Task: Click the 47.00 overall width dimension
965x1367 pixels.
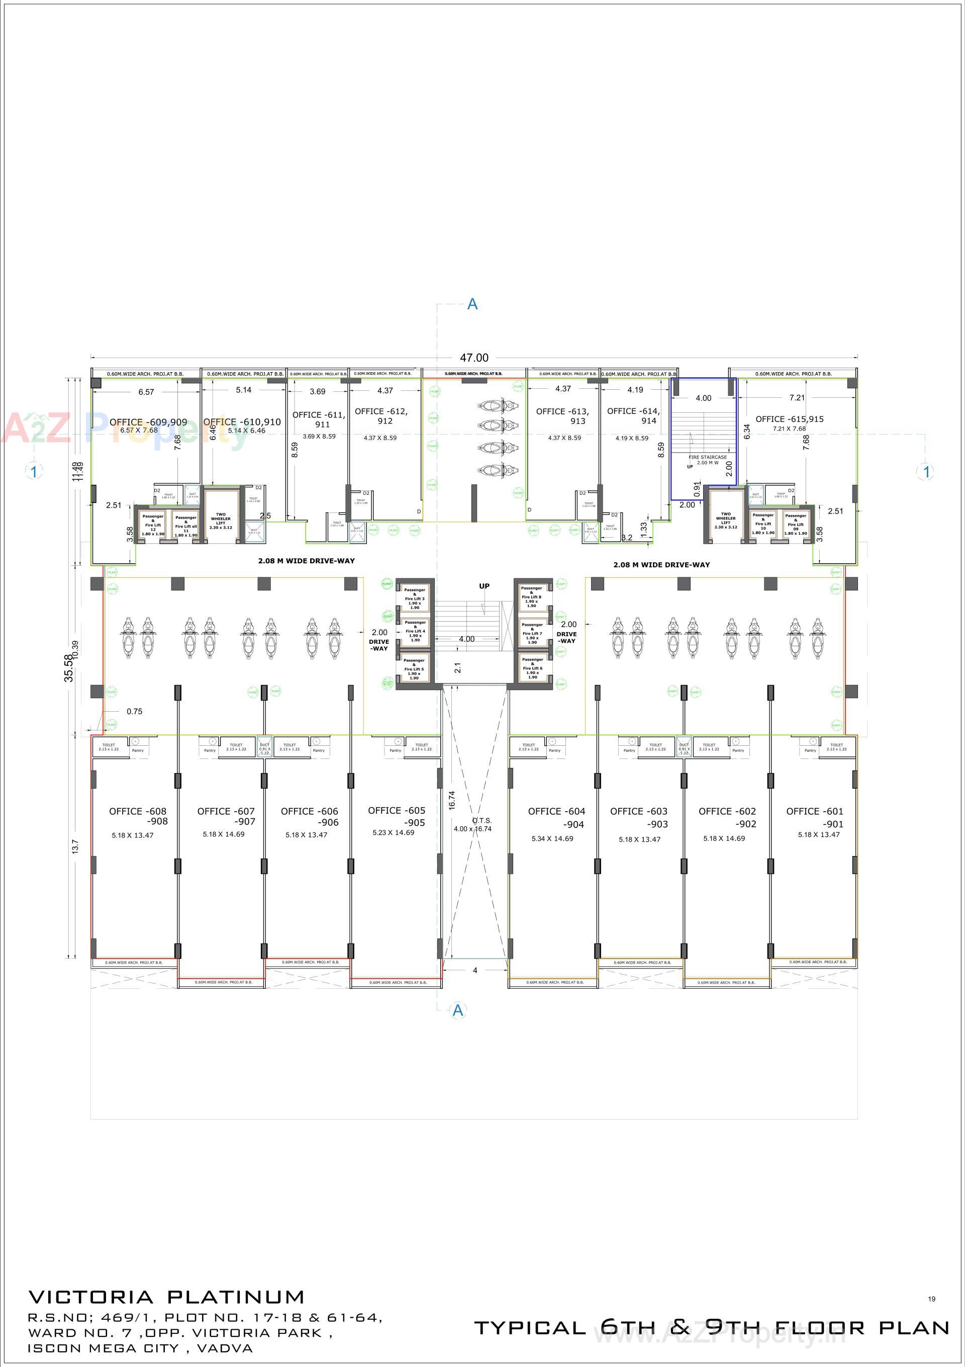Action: [x=473, y=358]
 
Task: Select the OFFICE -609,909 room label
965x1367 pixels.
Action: [x=148, y=422]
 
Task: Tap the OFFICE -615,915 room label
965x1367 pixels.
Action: [x=790, y=419]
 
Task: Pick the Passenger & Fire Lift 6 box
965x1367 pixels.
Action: [x=532, y=668]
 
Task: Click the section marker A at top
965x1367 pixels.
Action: [x=472, y=304]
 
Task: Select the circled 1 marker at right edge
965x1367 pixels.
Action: [x=926, y=472]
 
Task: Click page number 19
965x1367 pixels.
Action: [x=931, y=1299]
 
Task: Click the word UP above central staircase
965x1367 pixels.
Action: [x=485, y=586]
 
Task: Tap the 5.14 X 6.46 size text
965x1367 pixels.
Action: [x=246, y=431]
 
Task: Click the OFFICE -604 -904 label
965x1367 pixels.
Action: [x=556, y=817]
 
